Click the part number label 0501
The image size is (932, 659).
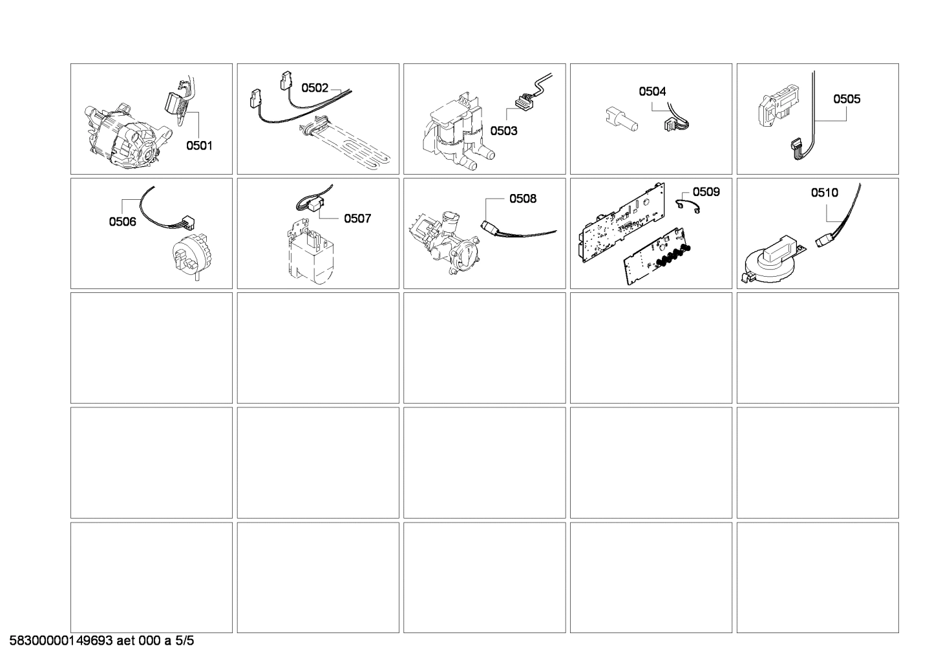coord(199,146)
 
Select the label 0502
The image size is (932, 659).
coord(315,88)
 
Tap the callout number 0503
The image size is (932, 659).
coord(503,131)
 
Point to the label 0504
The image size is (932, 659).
coord(652,92)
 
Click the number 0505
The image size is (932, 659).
coord(846,99)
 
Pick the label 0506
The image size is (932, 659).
coord(122,222)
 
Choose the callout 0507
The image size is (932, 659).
coord(357,219)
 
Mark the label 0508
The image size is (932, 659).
coord(522,199)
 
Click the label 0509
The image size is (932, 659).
coord(706,191)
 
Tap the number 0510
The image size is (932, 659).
coord(824,192)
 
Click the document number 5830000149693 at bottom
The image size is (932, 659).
coord(61,642)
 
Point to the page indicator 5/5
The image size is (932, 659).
coord(185,642)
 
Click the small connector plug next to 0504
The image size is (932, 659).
coord(672,124)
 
